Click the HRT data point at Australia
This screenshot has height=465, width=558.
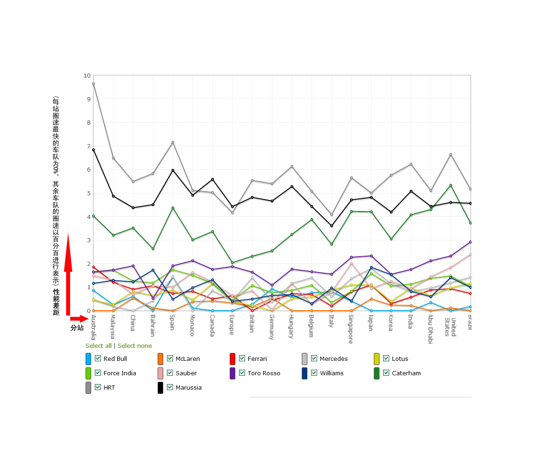click(93, 84)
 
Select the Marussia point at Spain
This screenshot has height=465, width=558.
click(173, 170)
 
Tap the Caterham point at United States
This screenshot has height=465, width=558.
click(451, 186)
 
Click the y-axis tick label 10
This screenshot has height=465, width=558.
click(87, 76)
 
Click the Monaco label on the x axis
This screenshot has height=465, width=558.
click(193, 325)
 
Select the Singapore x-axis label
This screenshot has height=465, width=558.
click(351, 329)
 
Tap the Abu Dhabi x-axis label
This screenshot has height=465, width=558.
click(431, 329)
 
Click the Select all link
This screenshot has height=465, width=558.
click(99, 346)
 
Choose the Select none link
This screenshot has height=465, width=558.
click(135, 346)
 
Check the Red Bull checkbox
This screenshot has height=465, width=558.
click(98, 359)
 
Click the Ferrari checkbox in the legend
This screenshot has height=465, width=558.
click(242, 359)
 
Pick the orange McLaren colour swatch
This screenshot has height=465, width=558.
click(160, 359)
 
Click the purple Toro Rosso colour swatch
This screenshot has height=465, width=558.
click(232, 373)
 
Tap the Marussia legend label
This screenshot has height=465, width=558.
click(189, 388)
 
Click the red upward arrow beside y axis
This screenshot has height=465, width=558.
click(68, 274)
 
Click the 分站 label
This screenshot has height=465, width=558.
click(77, 328)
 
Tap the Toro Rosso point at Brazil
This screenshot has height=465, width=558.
click(470, 242)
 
